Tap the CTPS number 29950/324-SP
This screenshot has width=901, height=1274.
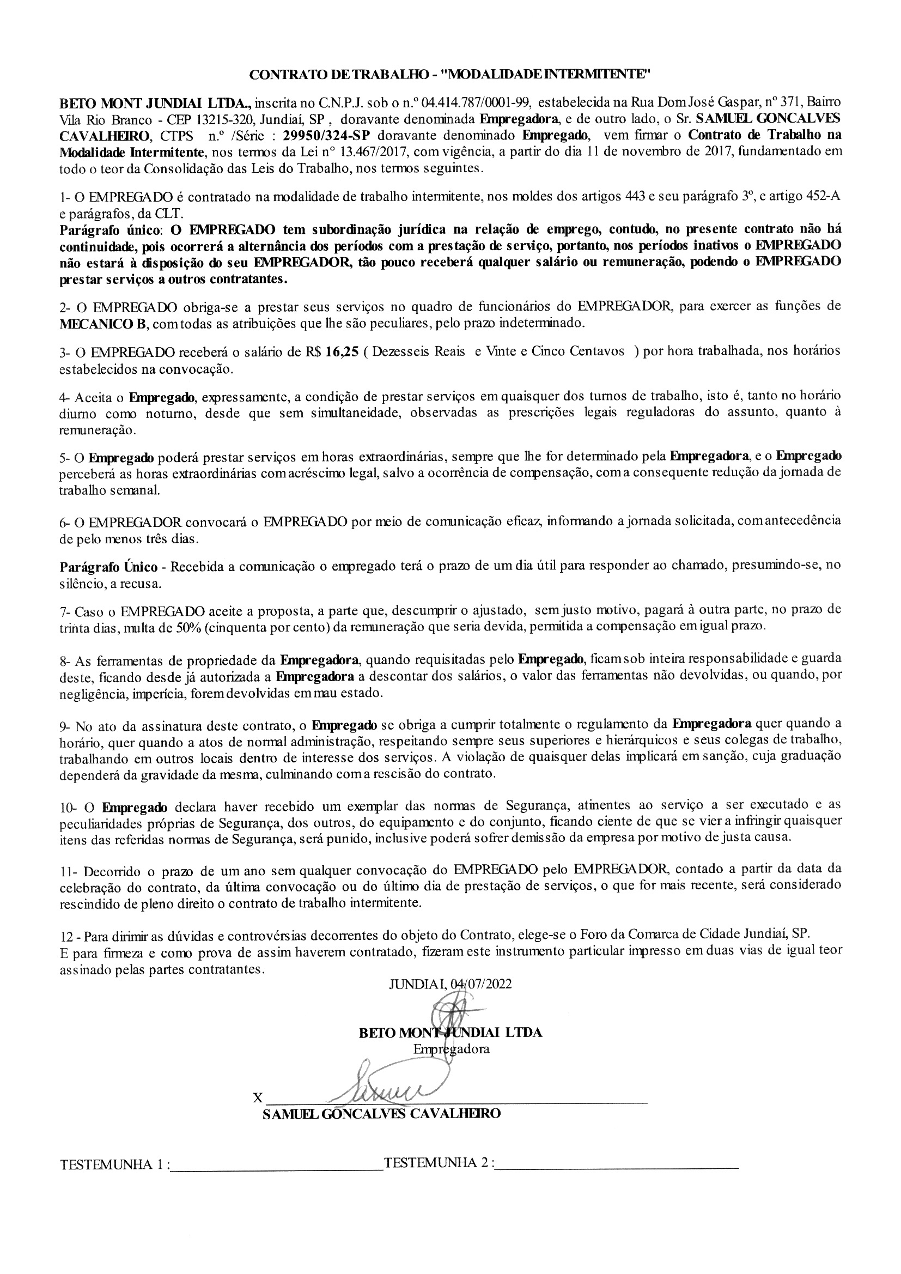pos(326,136)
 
